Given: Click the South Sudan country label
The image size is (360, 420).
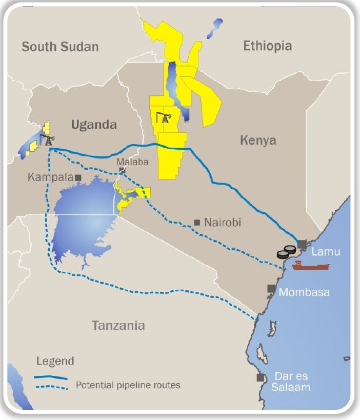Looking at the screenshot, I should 59,47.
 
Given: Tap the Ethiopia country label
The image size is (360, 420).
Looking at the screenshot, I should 267,46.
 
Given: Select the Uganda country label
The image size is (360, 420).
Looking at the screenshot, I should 94,125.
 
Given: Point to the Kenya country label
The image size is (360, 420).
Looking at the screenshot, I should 258,140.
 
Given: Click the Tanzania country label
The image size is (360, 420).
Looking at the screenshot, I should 118,325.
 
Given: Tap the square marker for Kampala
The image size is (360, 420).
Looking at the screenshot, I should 78,177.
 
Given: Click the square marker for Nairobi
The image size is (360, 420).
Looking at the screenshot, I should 197,223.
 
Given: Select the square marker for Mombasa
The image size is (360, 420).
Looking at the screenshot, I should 270,289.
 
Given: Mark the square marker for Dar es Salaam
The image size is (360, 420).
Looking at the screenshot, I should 261,377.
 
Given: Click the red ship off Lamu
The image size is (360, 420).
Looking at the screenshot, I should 310,265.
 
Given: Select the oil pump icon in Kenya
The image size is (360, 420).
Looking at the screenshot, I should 164,117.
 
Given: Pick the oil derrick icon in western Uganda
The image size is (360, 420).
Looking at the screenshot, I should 48,139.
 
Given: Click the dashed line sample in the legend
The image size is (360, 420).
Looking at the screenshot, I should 51,386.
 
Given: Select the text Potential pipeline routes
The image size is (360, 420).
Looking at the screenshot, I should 128,385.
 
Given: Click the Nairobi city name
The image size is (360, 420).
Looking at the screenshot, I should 223,223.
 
